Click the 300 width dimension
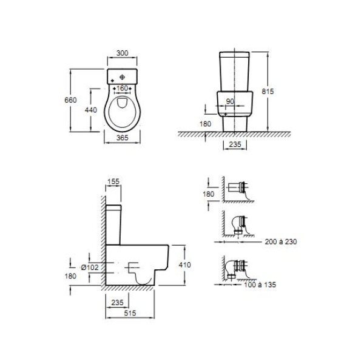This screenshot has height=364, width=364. tap(122, 53)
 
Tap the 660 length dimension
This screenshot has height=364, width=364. tap(70, 100)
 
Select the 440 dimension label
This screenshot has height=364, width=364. tap(91, 110)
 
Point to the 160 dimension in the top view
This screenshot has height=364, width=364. tap(122, 88)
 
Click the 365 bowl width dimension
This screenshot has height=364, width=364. tap(122, 138)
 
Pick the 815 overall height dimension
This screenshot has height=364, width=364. tap(268, 92)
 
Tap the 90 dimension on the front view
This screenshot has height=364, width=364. tap(230, 101)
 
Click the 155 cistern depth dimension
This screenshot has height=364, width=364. tap(113, 181)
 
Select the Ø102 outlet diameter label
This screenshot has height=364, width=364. tap(90, 268)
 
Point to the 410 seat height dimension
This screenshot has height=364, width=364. tap(185, 265)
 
